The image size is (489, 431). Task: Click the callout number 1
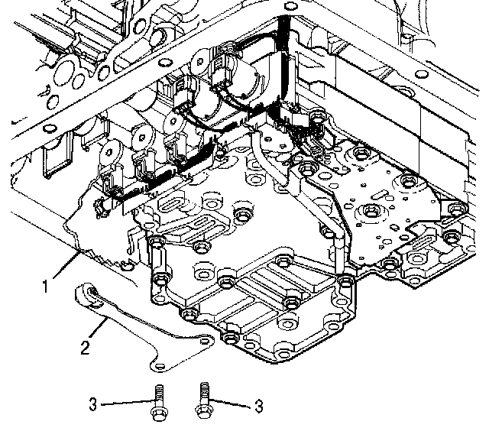point(47,287)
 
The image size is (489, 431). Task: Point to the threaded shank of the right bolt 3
point(204,394)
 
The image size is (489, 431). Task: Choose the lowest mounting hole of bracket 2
point(157,359)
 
